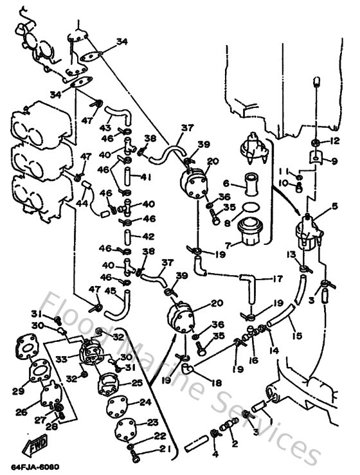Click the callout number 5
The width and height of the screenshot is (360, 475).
(x=334, y=206)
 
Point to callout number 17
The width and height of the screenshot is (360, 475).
(x=278, y=279)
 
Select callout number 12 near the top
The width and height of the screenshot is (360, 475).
(x=334, y=142)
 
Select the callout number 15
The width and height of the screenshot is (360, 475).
(x=296, y=334)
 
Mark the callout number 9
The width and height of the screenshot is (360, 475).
(x=334, y=161)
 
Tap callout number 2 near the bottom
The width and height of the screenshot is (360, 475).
(x=234, y=444)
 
